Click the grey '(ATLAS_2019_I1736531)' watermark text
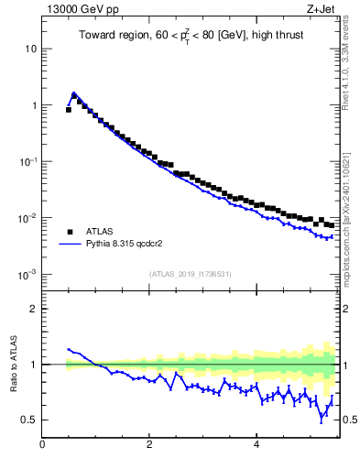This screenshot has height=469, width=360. click(x=190, y=274)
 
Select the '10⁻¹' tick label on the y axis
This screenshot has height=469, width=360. click(x=27, y=161)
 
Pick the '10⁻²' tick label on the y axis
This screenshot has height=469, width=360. click(x=27, y=218)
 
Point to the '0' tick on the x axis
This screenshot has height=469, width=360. click(x=43, y=446)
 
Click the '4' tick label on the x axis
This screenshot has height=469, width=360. click(x=256, y=446)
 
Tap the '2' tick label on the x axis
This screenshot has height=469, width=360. click(x=149, y=446)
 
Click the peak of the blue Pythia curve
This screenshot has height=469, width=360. click(x=73, y=93)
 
